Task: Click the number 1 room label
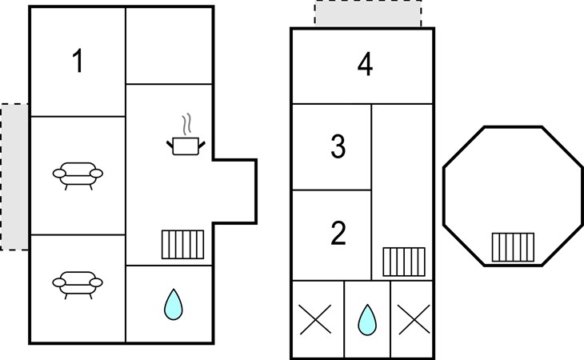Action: tap(78, 61)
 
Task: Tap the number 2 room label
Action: tap(338, 233)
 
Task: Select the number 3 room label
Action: tap(338, 146)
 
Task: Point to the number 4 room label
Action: tap(365, 65)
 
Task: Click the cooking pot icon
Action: tap(186, 146)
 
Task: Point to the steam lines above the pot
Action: tap(186, 124)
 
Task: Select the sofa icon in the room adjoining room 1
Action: tap(78, 176)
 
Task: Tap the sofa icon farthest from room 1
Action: tap(78, 285)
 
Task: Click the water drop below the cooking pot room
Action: tap(173, 305)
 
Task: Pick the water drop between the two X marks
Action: tap(367, 320)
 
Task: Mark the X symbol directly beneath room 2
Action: tap(315, 319)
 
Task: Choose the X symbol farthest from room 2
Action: tap(414, 319)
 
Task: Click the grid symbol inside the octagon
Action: tap(513, 247)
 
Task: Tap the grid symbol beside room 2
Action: tap(404, 262)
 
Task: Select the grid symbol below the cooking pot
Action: tap(183, 245)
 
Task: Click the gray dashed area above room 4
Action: tap(368, 14)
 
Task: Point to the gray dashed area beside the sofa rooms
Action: tap(14, 177)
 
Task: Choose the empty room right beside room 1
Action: tap(169, 46)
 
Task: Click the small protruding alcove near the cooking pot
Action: tap(234, 191)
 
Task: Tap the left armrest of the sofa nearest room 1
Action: tap(59, 174)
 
